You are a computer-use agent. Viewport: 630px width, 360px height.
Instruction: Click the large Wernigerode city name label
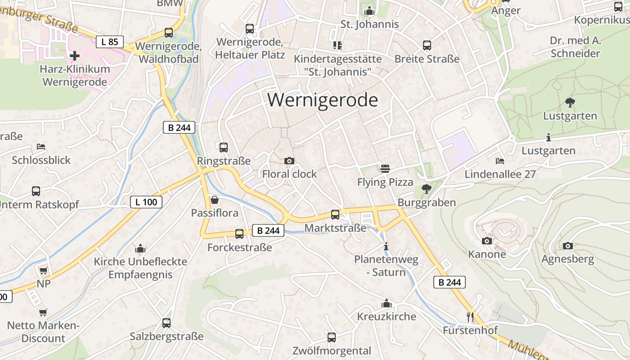(322, 99)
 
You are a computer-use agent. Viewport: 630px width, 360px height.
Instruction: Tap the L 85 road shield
(110, 42)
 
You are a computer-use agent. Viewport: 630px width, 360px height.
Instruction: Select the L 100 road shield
(146, 202)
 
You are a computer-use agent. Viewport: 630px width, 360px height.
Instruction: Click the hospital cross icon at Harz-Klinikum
(75, 56)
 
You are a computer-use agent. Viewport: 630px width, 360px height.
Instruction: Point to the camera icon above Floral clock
(289, 161)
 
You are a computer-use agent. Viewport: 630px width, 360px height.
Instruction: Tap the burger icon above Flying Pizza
(385, 169)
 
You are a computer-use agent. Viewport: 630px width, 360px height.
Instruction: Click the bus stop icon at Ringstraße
(223, 147)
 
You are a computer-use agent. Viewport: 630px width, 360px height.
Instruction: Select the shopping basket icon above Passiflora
(215, 200)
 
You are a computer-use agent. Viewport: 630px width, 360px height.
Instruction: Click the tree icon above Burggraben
(426, 189)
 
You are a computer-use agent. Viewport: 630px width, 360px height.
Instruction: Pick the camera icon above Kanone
(486, 241)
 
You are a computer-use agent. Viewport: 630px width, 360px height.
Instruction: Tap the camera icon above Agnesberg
(568, 246)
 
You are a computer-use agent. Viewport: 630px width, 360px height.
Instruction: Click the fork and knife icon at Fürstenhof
(470, 317)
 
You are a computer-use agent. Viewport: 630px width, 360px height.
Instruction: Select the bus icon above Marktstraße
(335, 214)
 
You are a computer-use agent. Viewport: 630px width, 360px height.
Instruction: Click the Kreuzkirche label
(387, 316)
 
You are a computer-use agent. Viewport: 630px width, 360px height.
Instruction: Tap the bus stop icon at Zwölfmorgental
(332, 337)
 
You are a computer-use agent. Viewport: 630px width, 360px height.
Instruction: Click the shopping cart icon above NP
(43, 270)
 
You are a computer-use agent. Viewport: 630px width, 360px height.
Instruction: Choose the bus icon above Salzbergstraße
(166, 323)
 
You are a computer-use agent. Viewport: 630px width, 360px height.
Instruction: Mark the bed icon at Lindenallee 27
(499, 161)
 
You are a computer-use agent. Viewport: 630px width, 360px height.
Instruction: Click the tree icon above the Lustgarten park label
(570, 103)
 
